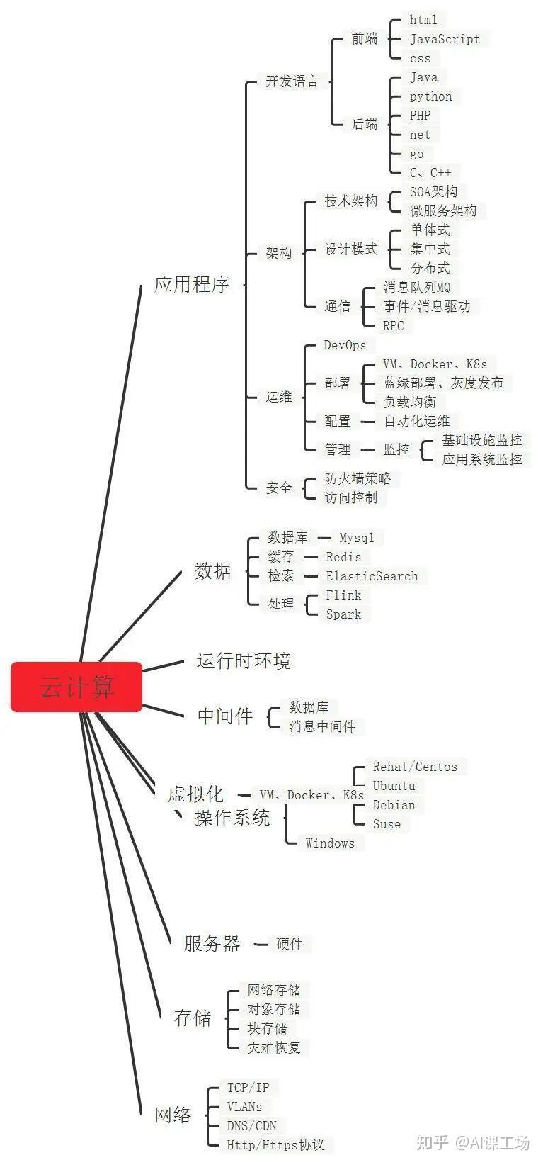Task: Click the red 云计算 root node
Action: pos(76,687)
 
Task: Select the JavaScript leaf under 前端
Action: pos(445,39)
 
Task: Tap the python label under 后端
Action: pos(430,96)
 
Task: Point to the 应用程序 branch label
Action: pos(192,285)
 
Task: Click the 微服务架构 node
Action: pos(443,210)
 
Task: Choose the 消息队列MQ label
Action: pos(416,287)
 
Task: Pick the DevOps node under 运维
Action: pos(345,345)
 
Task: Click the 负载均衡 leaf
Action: pos(409,402)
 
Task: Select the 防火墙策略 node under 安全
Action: pos(358,478)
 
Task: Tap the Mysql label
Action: pos(356,538)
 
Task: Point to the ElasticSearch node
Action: pos(372,576)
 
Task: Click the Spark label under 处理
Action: pos(343,614)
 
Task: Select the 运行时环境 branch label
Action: pos(244,661)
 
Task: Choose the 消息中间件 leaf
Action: pos(322,726)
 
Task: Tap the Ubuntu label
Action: pos(394,786)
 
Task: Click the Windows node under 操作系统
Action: pos(330,843)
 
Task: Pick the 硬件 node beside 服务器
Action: pos(290,944)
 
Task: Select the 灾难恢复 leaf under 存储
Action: pos(273,1047)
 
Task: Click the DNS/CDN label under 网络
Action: pos(251,1126)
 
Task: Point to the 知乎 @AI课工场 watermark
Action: pos(472,1142)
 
